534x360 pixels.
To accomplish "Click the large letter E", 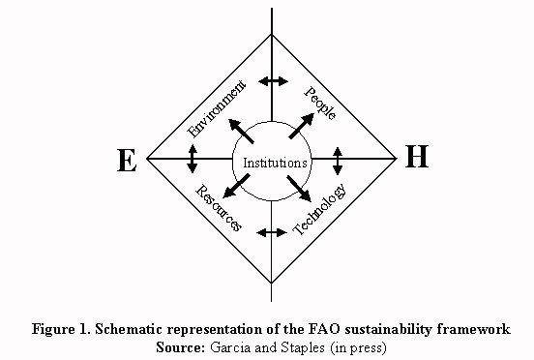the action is [x=126, y=162].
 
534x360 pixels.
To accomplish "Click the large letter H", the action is [x=416, y=158].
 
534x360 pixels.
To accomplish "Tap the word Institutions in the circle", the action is [x=275, y=163].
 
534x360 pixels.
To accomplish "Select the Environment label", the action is [x=218, y=107].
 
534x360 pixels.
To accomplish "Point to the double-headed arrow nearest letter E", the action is [x=192, y=158].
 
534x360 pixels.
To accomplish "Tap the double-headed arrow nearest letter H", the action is [x=338, y=158].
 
